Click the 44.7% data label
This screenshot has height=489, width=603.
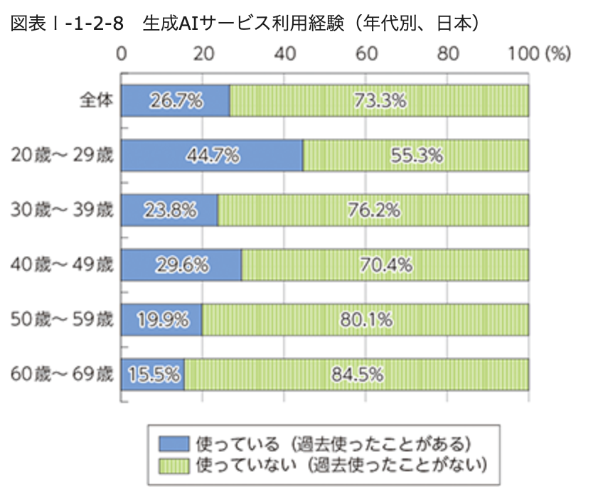212,155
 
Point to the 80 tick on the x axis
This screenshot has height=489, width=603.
447,54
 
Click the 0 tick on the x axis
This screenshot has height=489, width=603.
122,54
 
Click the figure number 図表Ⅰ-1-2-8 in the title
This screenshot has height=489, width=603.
63,23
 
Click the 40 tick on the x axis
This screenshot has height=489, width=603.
284,54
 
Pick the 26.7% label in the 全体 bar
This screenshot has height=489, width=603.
176,100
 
